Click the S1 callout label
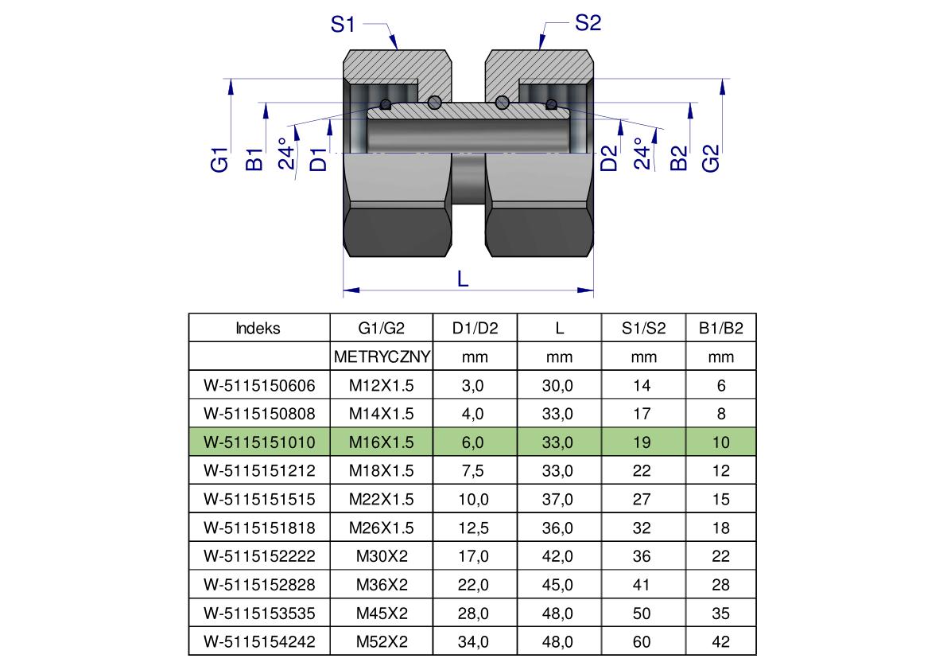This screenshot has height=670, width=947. tap(343, 25)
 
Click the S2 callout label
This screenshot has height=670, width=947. tap(588, 23)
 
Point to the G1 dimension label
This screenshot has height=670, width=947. tap(219, 159)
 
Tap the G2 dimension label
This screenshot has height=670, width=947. tap(711, 158)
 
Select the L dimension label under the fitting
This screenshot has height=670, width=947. tap(463, 279)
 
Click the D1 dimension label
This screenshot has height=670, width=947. tap(318, 159)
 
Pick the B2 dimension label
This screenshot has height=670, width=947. tap(680, 158)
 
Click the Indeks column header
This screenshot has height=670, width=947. tap(258, 328)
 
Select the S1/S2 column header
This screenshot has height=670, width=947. tap(643, 328)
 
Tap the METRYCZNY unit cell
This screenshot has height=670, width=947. tap(382, 357)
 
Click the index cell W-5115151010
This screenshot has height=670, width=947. tap(260, 442)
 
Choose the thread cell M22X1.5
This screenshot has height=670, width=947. tap(382, 499)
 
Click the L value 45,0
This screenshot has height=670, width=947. tap(557, 585)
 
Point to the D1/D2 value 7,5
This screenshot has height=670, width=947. tap(473, 470)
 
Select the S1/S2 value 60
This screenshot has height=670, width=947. tap(642, 641)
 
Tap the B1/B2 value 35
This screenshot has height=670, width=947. tap(720, 614)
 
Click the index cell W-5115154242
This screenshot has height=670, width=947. tap(260, 641)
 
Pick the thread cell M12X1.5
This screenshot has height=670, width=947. tap(382, 385)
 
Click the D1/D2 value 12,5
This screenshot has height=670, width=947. tap(473, 528)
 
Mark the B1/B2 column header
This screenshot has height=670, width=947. tap(720, 328)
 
